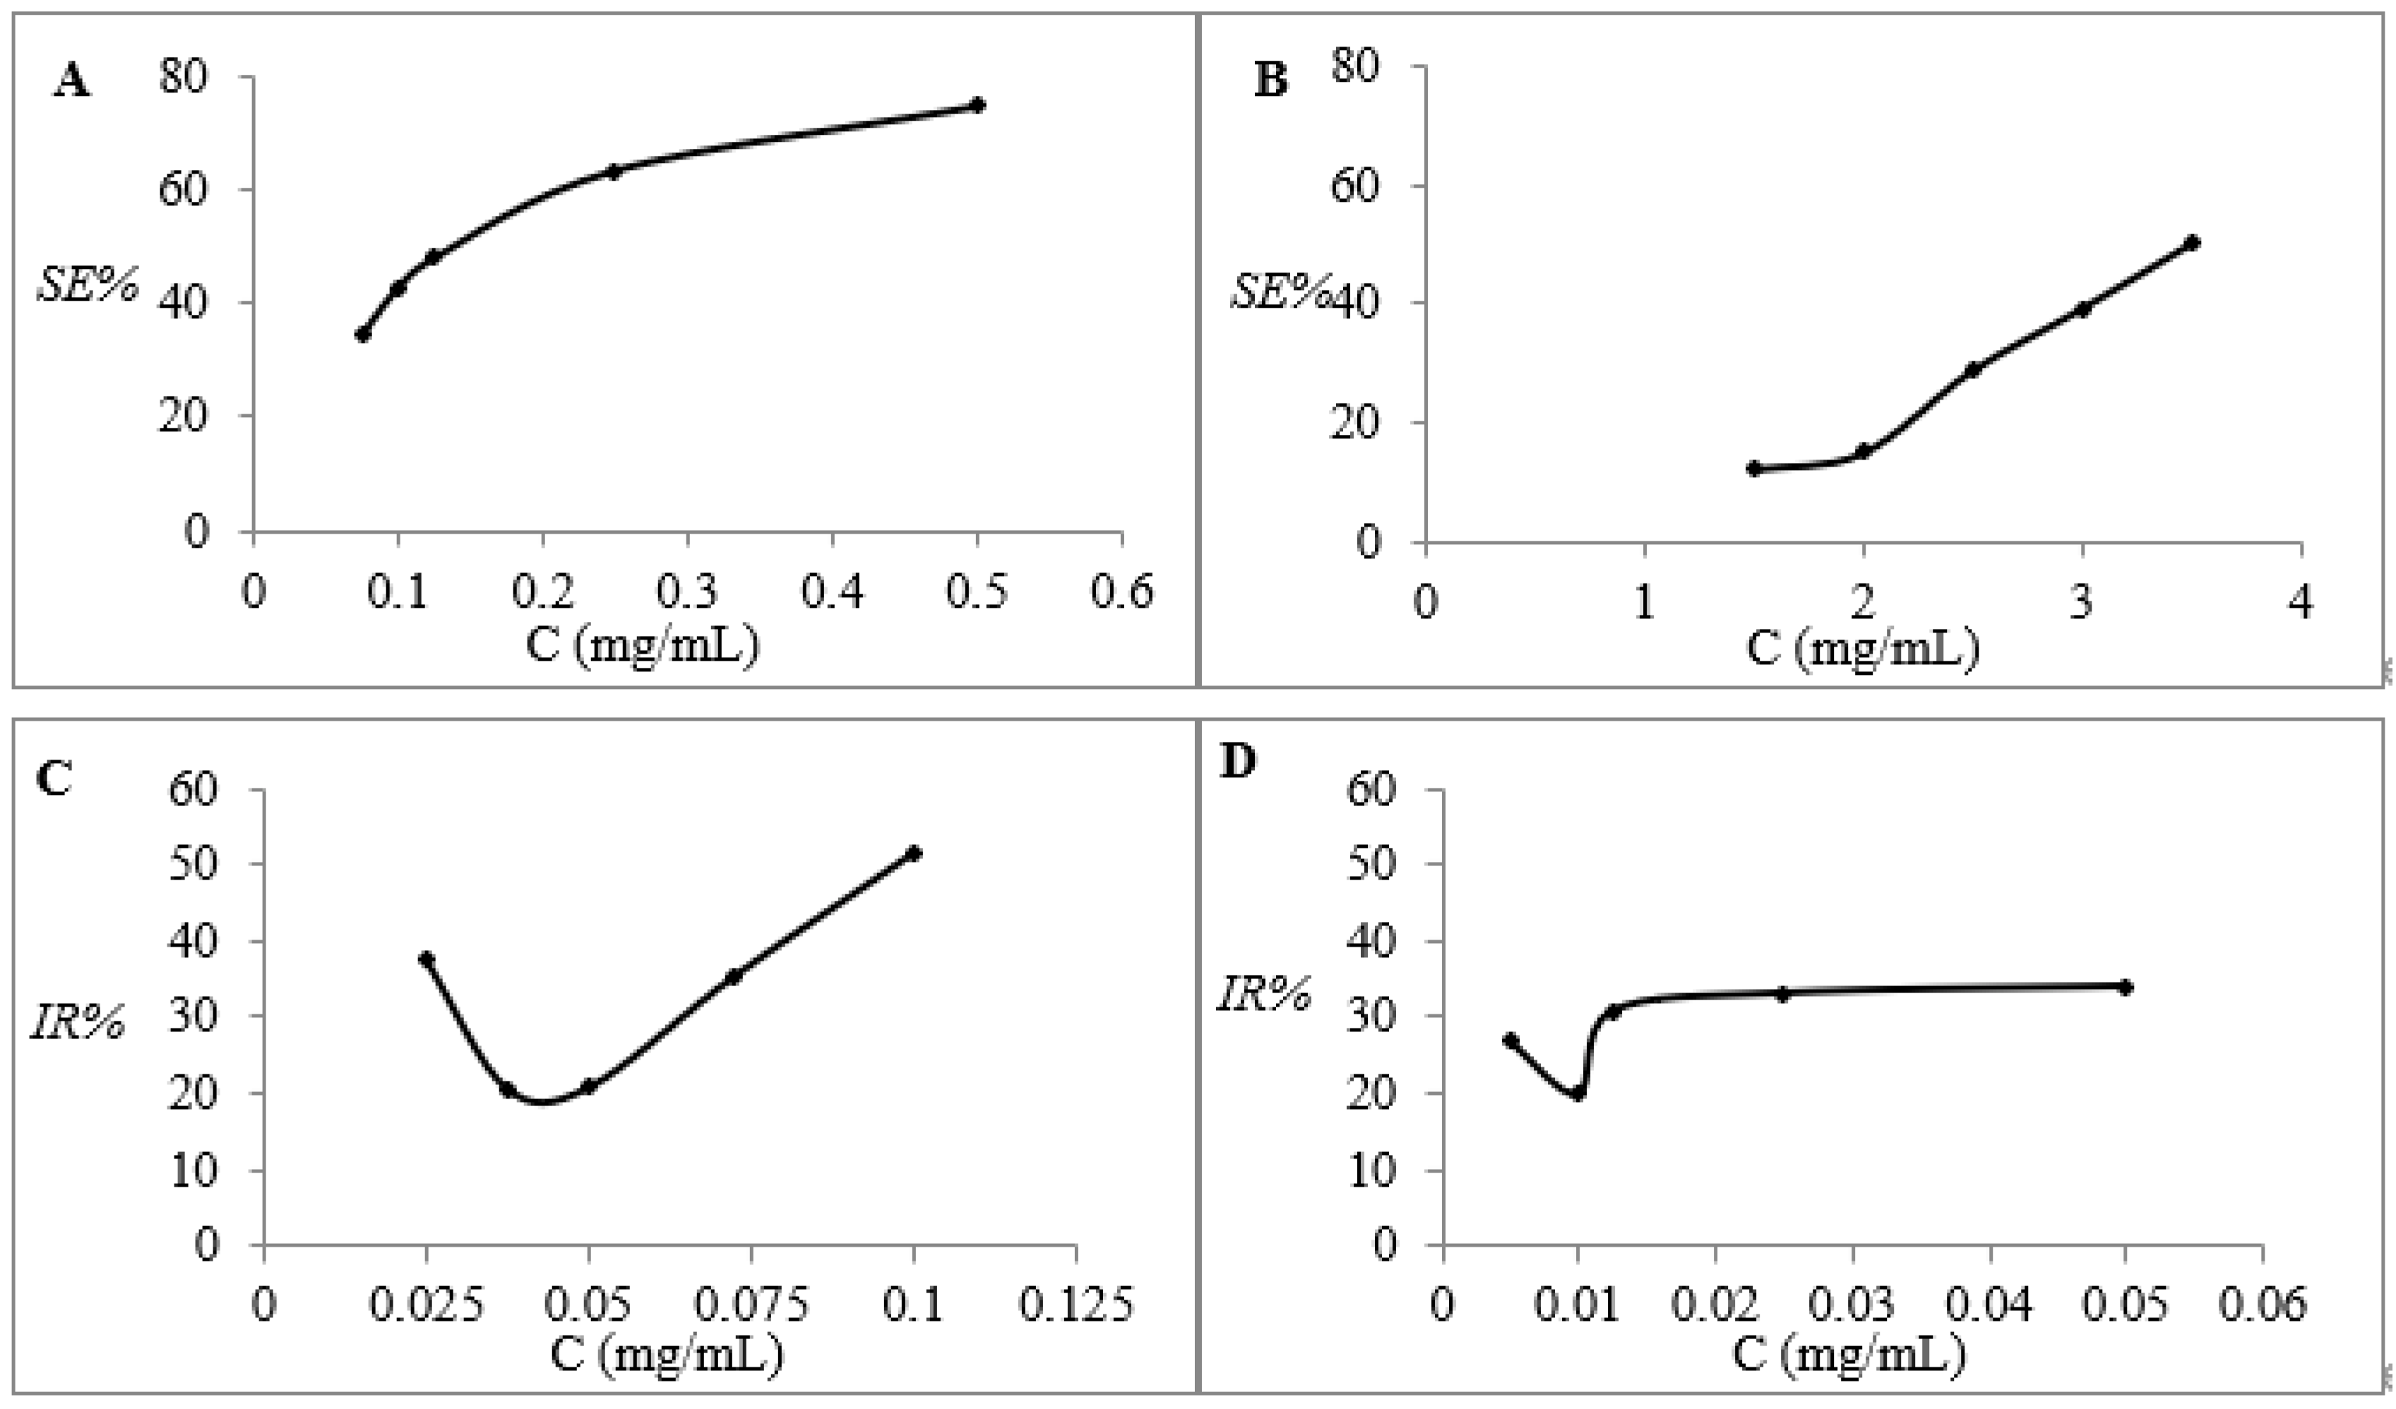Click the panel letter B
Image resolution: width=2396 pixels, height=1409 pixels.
pos(1271,80)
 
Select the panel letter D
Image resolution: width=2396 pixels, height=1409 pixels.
pos(1238,762)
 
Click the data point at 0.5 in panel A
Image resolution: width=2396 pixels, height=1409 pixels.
pos(977,104)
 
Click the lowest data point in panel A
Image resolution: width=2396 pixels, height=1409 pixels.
pos(362,335)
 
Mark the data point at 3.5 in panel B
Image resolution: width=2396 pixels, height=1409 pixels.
pos(2192,242)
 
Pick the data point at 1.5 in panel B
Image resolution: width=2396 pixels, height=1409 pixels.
pos(1754,469)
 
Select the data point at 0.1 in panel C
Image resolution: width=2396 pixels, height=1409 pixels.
pos(914,853)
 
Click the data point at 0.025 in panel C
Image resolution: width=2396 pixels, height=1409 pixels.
pos(426,959)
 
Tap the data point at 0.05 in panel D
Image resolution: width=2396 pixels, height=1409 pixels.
pos(2126,987)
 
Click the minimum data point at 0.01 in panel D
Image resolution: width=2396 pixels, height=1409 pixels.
pos(1578,1093)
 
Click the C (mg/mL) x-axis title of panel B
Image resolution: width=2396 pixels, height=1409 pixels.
pos(1861,649)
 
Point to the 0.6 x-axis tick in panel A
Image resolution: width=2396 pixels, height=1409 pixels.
pos(1122,592)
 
